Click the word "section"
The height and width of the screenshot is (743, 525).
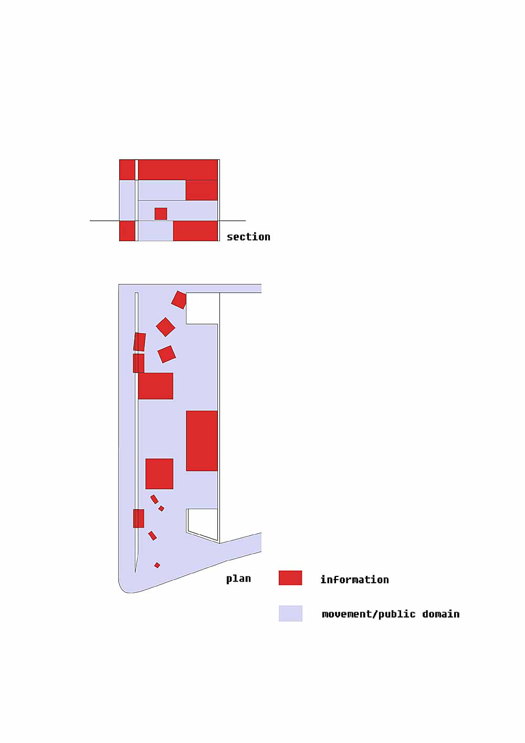point(248,237)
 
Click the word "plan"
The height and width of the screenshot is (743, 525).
point(238,579)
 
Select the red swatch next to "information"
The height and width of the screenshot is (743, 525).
point(290,578)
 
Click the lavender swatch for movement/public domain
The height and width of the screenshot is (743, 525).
point(290,613)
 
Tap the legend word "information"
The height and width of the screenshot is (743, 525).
point(354,580)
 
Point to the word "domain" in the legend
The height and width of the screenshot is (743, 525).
point(441,614)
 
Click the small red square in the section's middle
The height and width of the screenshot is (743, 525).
point(161,214)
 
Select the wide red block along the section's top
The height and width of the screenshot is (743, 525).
point(177,170)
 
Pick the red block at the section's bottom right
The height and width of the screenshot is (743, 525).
point(195,231)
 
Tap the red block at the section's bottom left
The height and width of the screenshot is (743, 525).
point(127,231)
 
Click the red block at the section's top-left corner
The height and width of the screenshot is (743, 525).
point(127,170)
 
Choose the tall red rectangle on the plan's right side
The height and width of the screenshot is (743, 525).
point(202,441)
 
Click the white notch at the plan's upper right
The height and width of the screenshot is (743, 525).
point(202,308)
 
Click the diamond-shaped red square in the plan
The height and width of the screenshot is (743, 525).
point(165,327)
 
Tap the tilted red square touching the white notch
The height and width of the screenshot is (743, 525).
point(179,300)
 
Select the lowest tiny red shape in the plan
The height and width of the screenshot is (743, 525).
point(157,565)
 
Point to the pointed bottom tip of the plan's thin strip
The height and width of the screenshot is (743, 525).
point(135,572)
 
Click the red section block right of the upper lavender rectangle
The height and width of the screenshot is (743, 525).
point(202,190)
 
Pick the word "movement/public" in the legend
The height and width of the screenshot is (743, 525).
point(369,614)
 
